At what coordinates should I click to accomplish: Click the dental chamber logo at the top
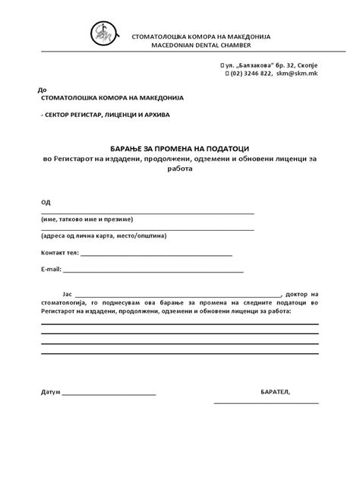tap(103, 33)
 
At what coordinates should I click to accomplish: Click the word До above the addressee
tap(30, 89)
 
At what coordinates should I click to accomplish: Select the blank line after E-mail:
tap(154, 271)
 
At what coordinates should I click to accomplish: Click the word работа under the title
tap(179, 169)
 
